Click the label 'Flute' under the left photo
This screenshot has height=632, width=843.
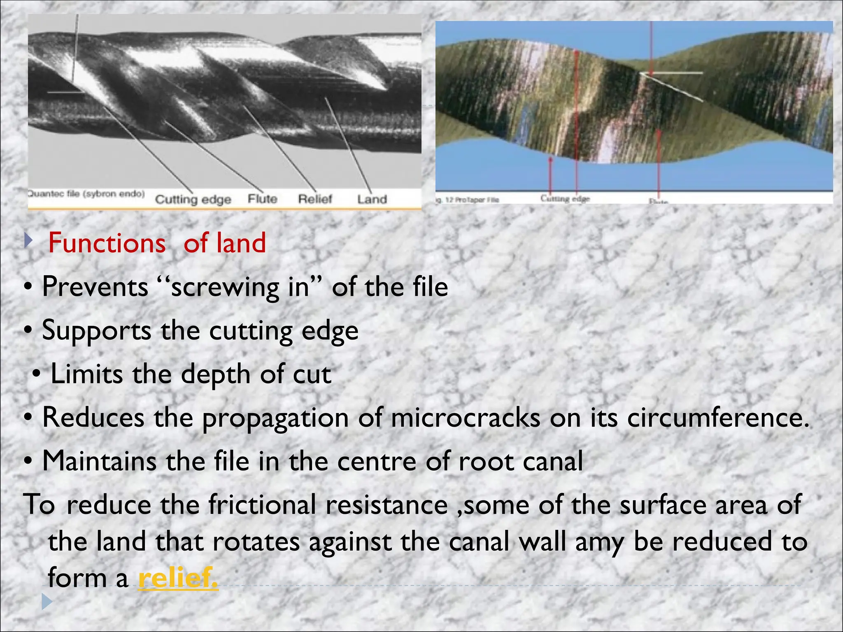(262, 199)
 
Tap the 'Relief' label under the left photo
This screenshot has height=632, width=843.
(315, 199)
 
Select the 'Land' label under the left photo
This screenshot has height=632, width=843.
(372, 200)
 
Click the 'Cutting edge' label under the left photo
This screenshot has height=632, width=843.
(193, 200)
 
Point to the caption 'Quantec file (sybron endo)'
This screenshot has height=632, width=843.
(86, 194)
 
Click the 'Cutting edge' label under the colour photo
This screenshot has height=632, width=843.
(565, 199)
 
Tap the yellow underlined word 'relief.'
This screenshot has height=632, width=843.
(178, 578)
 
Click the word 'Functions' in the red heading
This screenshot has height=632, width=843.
(107, 243)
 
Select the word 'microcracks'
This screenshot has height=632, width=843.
(466, 418)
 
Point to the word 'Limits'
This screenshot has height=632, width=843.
(86, 374)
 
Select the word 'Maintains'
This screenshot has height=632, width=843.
(99, 461)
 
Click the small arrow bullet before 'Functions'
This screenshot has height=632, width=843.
(28, 240)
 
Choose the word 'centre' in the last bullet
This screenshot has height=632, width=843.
(376, 461)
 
